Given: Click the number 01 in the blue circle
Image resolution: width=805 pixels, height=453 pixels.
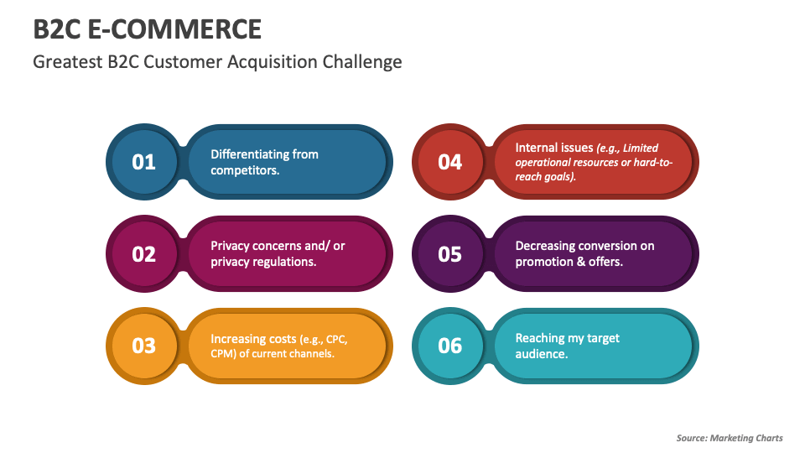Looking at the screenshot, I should point(144,162).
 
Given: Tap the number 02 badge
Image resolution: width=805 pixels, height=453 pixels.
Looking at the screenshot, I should point(144,253).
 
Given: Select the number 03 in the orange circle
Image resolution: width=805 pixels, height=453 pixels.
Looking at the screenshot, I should point(144,345).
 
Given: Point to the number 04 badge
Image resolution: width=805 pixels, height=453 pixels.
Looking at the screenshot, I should point(450,162).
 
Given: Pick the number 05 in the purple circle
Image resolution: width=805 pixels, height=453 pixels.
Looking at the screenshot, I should point(450,253).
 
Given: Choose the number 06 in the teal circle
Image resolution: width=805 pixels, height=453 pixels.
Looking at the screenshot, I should point(450,345).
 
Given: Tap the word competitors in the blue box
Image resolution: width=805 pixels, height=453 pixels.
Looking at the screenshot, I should point(243,170).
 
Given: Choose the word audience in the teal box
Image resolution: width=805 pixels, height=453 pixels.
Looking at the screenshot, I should point(542,353).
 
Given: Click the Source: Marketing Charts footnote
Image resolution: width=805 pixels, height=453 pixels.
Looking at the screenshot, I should point(730,438).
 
